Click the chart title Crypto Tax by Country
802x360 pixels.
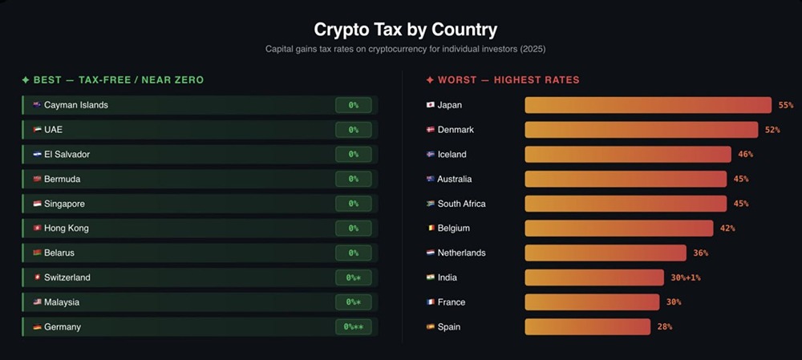[x=405, y=30]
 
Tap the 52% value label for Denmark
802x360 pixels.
[x=772, y=130]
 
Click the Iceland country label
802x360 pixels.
[x=452, y=155]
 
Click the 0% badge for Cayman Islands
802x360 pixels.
[x=353, y=105]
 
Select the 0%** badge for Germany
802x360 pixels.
[x=353, y=327]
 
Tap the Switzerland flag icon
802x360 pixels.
[x=37, y=277]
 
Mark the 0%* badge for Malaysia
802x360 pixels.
[x=353, y=302]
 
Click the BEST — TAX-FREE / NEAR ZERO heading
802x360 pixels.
[x=113, y=80]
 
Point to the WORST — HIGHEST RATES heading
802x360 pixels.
[x=503, y=80]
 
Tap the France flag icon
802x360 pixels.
[x=431, y=302]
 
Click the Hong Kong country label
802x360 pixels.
[x=67, y=229]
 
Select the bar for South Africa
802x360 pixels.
[x=626, y=204]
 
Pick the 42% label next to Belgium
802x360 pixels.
[x=727, y=229]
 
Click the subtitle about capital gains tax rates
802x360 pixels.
[x=405, y=49]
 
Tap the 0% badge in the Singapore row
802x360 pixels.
[x=353, y=204]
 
